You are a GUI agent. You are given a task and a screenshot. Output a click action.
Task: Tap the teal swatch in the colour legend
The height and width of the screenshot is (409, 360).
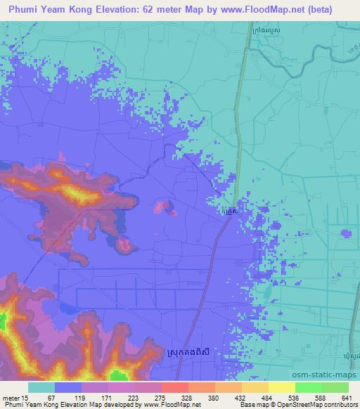pyautogui.click(x=41, y=387)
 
